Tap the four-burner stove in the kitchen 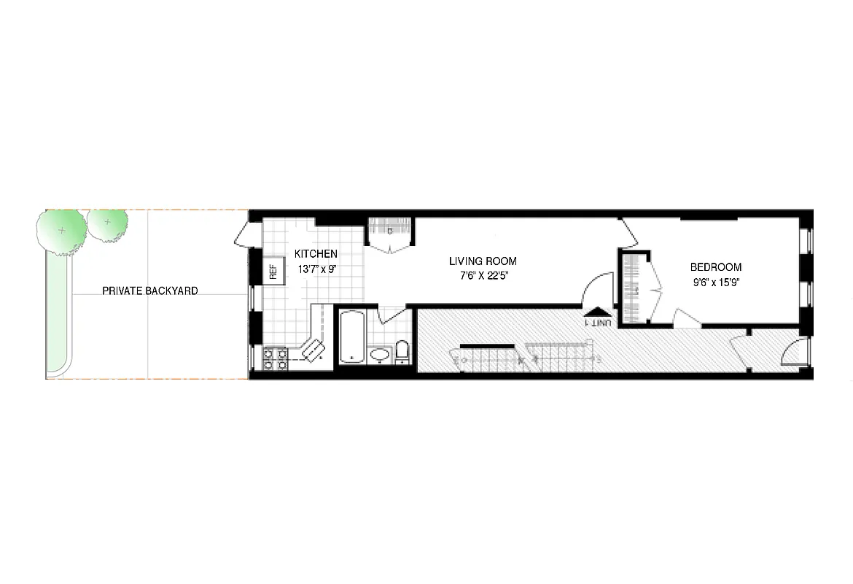[x=275, y=357]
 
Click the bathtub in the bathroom [x=351, y=337]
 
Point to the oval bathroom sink [x=380, y=356]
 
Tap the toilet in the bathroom [x=402, y=351]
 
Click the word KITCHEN [x=316, y=254]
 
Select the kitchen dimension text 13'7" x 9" [x=316, y=269]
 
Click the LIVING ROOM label [x=483, y=261]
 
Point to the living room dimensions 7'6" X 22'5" [x=483, y=276]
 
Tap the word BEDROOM [x=716, y=267]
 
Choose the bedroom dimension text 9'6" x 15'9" [x=716, y=282]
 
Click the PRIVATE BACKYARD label [x=150, y=291]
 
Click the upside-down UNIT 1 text [x=599, y=322]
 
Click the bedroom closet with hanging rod [x=634, y=289]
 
